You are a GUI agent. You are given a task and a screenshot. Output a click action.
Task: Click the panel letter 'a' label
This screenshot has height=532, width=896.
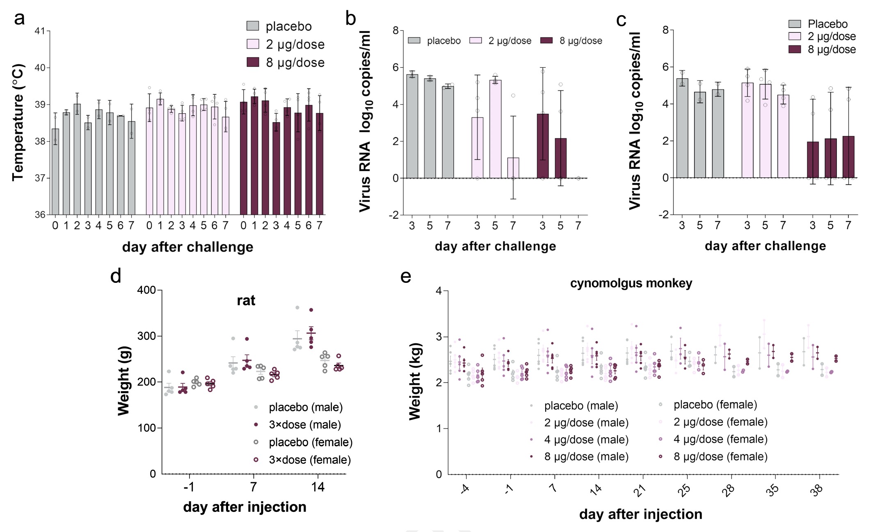19,19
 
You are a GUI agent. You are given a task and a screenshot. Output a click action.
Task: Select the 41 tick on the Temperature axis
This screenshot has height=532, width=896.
40,31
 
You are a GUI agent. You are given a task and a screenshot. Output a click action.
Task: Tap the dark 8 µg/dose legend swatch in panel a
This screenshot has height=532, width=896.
253,62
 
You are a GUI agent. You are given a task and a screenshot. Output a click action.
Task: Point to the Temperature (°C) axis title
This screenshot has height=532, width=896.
18,122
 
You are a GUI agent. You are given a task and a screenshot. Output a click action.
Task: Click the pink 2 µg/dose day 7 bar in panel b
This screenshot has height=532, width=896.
513,168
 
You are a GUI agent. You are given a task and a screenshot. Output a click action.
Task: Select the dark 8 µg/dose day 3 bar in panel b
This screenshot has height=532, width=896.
543,146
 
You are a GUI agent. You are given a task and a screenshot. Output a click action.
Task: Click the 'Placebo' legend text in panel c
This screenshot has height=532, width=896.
827,24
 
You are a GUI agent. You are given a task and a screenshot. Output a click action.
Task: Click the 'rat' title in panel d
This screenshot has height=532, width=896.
246,300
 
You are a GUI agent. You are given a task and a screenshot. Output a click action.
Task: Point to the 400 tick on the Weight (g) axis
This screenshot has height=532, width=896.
146,290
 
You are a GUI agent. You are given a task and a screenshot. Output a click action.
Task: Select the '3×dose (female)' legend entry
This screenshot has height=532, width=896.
310,460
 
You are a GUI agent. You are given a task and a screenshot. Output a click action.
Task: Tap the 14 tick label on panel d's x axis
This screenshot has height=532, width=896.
318,487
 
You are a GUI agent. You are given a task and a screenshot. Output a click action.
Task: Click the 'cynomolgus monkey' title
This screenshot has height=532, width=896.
631,283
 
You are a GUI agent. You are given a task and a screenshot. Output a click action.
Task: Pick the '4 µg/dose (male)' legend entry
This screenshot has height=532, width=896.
586,440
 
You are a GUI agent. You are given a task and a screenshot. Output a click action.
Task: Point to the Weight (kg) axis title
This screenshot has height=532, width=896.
415,381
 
